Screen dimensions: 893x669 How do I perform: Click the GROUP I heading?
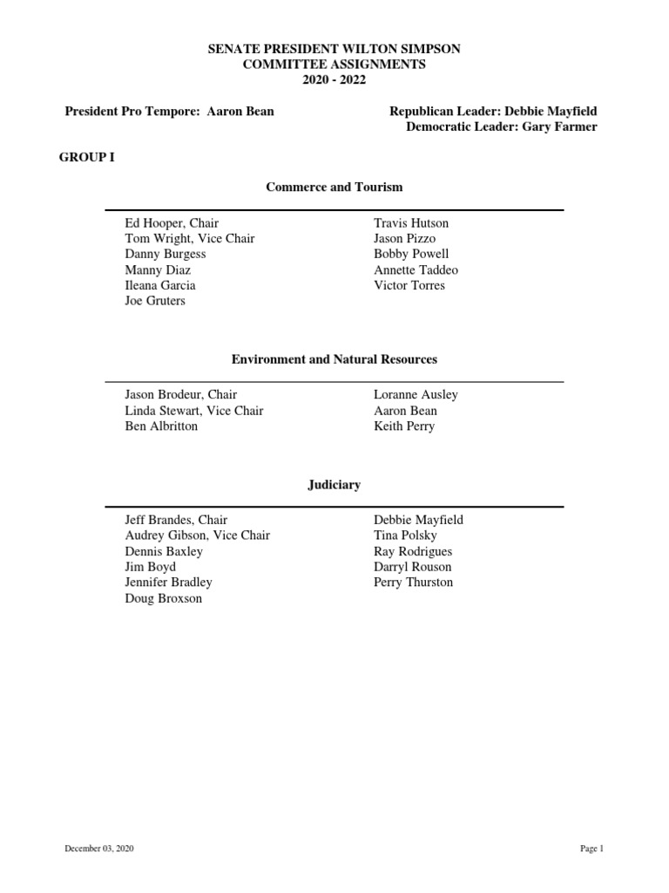[87, 158]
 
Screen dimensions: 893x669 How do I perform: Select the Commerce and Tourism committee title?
[334, 187]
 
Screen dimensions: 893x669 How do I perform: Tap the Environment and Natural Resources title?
[334, 358]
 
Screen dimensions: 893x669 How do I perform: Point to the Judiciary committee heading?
[334, 484]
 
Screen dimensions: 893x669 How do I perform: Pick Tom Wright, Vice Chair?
[190, 238]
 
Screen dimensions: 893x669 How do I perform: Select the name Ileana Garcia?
[160, 285]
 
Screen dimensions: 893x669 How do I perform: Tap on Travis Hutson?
[411, 223]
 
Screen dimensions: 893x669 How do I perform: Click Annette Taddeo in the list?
[416, 269]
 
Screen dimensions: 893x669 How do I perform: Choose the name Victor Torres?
[409, 285]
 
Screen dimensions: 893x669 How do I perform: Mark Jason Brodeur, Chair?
[180, 394]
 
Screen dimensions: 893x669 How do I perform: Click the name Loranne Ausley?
[416, 394]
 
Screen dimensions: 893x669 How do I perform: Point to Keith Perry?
[404, 426]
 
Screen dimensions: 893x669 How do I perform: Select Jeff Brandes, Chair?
[176, 520]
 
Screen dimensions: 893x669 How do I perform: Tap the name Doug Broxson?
[164, 599]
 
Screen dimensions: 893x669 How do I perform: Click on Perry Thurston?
[413, 583]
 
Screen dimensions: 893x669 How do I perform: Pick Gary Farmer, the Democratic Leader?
[503, 127]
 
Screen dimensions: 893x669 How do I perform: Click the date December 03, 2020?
[99, 849]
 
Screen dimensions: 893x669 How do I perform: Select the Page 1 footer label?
[591, 849]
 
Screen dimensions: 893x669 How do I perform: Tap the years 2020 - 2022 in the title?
[334, 80]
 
